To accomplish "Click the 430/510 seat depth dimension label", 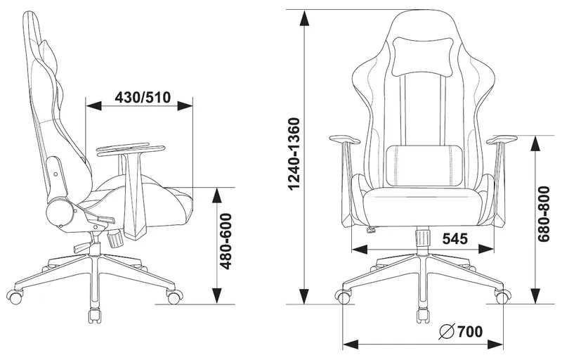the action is [x=143, y=97].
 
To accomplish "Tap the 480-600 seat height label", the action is [x=226, y=241].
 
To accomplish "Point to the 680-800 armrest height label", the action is [x=543, y=214].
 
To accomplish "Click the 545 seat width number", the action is [x=455, y=238].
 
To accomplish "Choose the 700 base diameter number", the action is [x=469, y=332].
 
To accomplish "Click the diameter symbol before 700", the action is [x=447, y=332].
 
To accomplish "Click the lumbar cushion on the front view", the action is [x=424, y=165].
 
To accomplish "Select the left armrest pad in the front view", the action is [x=344, y=139].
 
